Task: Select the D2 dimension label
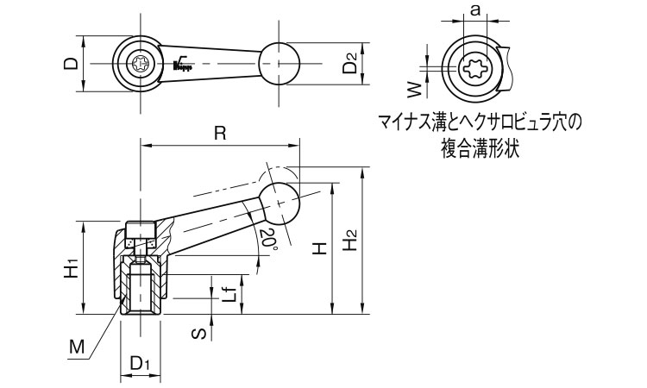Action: click(349, 64)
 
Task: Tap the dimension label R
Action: click(220, 133)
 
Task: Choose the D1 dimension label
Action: click(140, 366)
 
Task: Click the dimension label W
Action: click(413, 88)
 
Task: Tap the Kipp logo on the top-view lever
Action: click(182, 62)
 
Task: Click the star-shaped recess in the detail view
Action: click(474, 67)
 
